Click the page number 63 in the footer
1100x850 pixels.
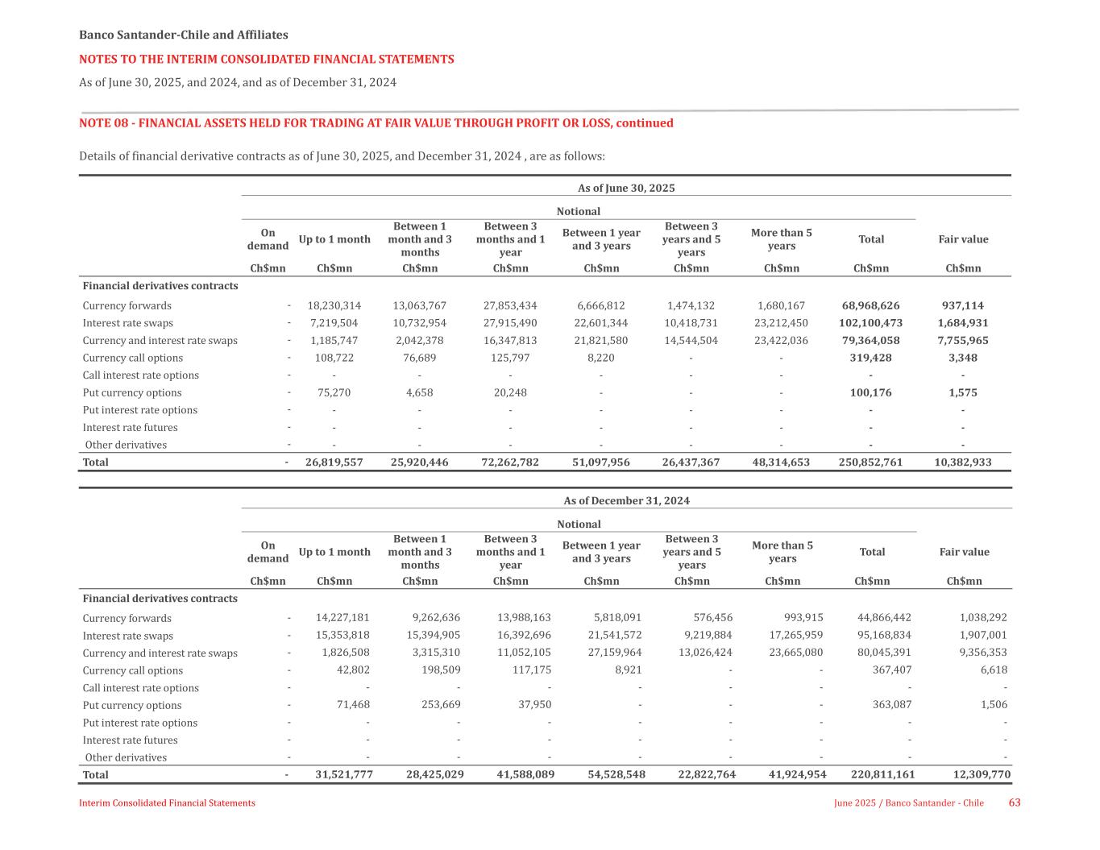[x=1015, y=802]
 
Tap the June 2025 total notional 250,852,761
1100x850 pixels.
[x=870, y=462]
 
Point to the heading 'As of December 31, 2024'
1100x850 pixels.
[x=626, y=500]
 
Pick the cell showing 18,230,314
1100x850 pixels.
[x=334, y=305]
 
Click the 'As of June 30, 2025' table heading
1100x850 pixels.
[x=626, y=188]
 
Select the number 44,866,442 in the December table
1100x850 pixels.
[x=884, y=618]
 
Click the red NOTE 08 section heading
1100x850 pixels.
[x=376, y=123]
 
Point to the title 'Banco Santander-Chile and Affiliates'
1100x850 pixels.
[x=183, y=35]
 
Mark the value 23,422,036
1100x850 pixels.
[x=780, y=340]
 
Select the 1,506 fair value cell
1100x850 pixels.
[x=993, y=705]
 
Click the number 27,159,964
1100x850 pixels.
[x=615, y=653]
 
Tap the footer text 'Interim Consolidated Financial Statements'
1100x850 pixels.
[x=167, y=803]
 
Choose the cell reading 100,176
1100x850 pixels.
[x=870, y=392]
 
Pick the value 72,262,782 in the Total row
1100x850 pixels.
[x=509, y=462]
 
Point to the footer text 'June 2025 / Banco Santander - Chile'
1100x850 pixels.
[x=908, y=803]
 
